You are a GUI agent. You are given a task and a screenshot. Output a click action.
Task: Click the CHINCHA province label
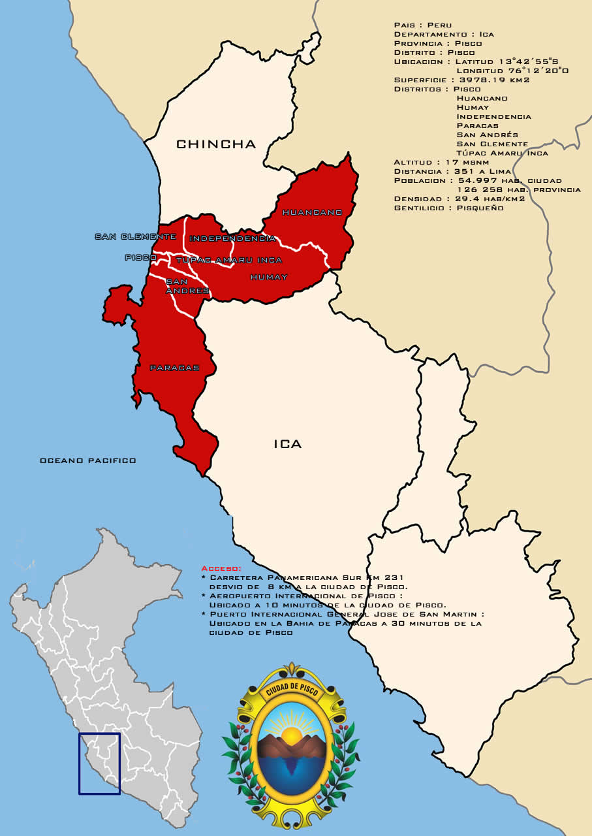tap(216, 144)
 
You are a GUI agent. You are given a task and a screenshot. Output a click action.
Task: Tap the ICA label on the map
tap(287, 444)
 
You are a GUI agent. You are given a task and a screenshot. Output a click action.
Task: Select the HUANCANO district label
tap(312, 212)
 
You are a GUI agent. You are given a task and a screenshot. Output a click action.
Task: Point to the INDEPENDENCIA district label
tap(232, 238)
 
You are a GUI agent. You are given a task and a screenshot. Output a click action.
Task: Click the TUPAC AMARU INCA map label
tap(229, 260)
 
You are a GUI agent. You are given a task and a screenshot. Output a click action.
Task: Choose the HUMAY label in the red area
tap(268, 277)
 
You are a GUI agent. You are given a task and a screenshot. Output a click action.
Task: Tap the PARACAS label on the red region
tap(174, 368)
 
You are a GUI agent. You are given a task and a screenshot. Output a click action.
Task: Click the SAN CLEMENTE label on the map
tap(135, 236)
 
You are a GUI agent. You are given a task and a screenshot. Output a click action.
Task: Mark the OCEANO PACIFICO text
tap(88, 460)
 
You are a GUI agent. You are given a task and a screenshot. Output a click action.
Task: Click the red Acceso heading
tap(221, 569)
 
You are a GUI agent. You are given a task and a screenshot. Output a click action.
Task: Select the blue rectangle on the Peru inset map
tap(100, 764)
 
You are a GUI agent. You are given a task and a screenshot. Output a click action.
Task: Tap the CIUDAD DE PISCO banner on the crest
tap(291, 688)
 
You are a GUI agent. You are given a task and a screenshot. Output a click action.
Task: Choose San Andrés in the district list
tap(487, 135)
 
